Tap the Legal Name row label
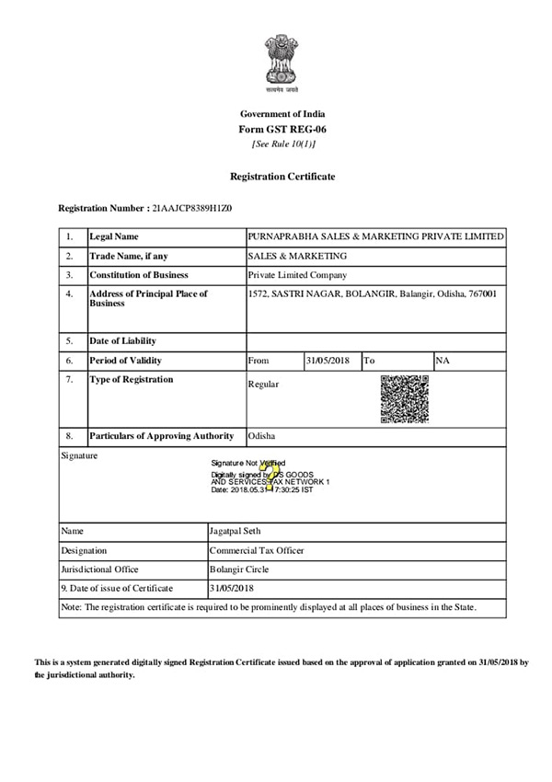[114, 237]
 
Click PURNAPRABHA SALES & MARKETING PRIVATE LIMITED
[375, 237]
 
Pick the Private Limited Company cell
[298, 275]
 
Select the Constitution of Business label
[139, 275]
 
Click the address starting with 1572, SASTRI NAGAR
[373, 294]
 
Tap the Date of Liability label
[124, 341]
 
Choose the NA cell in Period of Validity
[443, 361]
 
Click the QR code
[405, 398]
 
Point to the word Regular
[263, 385]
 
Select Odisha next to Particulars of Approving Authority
[262, 436]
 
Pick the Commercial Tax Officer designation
[257, 550]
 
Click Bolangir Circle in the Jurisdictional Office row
[238, 569]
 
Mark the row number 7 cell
[70, 380]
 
